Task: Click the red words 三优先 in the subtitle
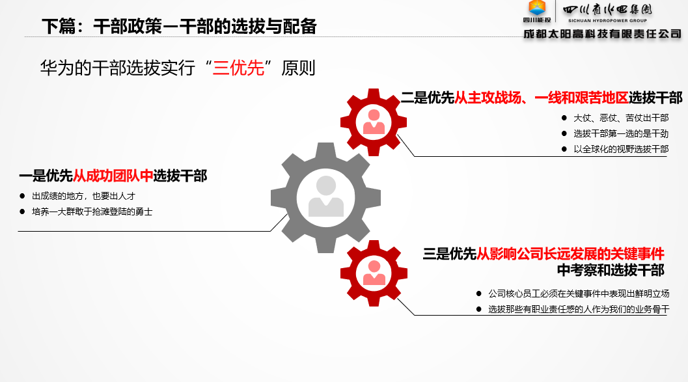click(x=238, y=68)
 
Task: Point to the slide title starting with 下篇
click(x=179, y=26)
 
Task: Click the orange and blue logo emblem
click(x=537, y=8)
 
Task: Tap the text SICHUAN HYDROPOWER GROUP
click(x=607, y=21)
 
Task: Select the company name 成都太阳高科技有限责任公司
click(x=602, y=34)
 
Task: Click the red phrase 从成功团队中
click(x=113, y=176)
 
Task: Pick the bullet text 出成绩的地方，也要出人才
click(x=83, y=196)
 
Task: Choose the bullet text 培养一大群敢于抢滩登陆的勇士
click(x=92, y=212)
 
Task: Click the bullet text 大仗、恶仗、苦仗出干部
click(x=621, y=118)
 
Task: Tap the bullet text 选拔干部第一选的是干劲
click(x=621, y=133)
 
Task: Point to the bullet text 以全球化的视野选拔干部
click(x=621, y=149)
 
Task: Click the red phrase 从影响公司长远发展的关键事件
click(x=570, y=254)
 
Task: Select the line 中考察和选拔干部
click(x=611, y=270)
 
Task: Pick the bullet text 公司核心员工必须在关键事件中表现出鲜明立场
click(x=579, y=293)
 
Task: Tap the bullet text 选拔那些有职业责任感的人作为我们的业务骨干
click(x=579, y=309)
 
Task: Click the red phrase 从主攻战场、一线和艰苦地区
click(x=542, y=98)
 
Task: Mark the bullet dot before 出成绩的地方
click(x=22, y=196)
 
